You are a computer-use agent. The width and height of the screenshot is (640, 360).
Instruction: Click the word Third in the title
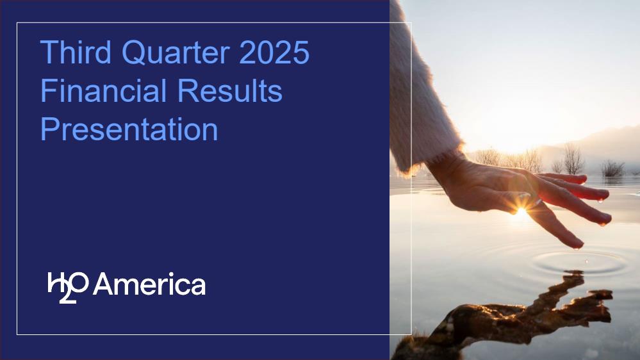76,52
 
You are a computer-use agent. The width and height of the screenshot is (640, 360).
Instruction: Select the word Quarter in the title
176,53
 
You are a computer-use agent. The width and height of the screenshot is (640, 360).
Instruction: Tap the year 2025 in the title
274,52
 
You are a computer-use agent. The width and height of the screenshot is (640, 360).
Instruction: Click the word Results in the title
230,90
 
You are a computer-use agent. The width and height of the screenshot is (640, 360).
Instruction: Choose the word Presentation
129,129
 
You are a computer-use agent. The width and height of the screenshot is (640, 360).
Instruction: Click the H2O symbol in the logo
68,287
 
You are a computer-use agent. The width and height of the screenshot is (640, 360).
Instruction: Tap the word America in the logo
149,284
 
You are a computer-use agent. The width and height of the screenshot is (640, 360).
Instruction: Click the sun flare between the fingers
521,211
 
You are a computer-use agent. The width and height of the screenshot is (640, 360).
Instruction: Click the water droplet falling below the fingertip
587,261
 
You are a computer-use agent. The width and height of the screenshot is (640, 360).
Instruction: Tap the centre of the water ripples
580,263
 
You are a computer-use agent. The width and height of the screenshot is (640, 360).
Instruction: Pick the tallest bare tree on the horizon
573,159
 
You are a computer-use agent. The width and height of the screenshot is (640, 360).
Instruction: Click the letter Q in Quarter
134,53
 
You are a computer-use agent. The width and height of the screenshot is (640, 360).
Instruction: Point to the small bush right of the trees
612,168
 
